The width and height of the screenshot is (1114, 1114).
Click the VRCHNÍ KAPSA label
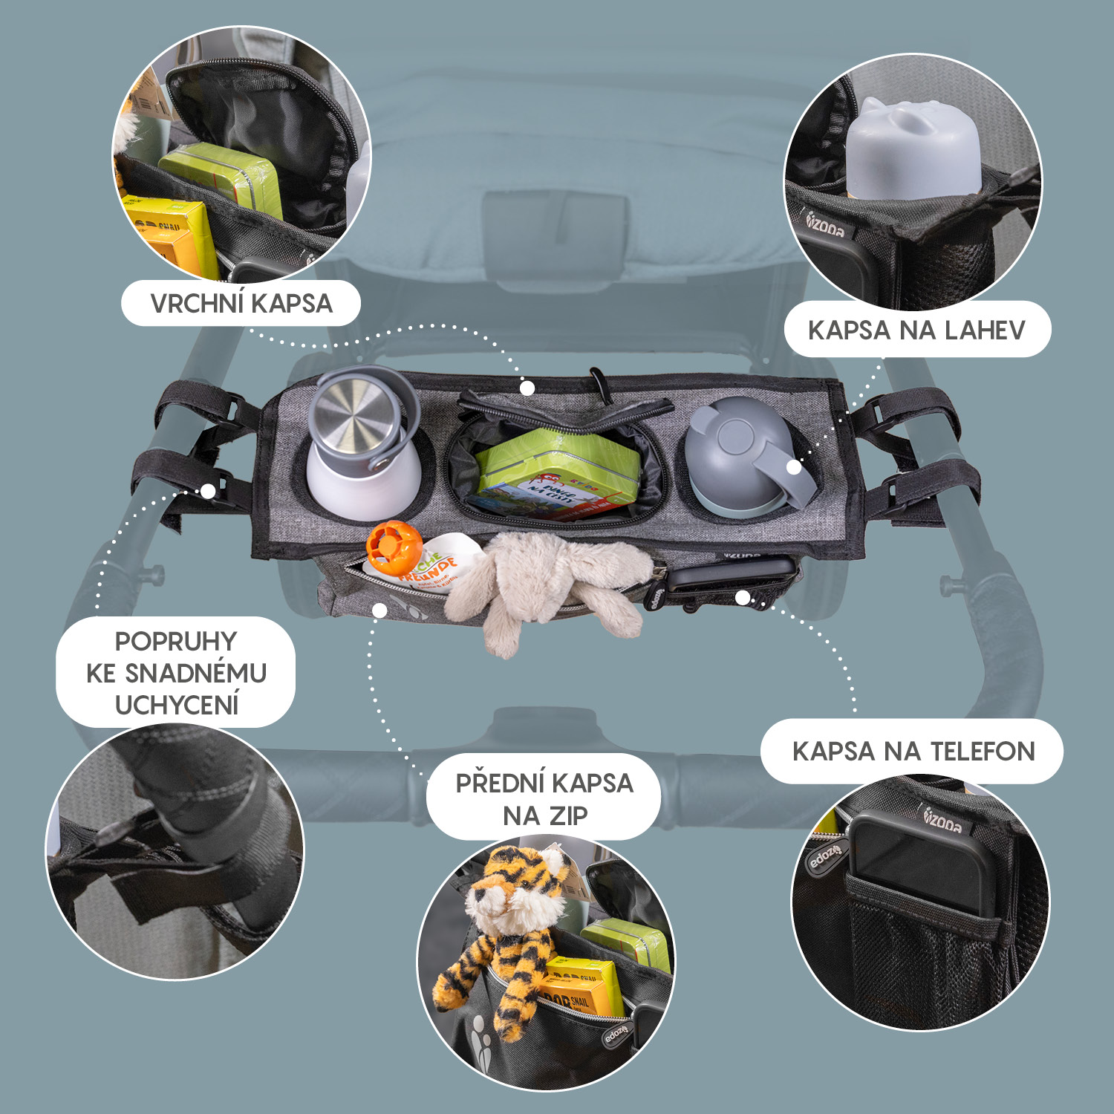click(x=241, y=304)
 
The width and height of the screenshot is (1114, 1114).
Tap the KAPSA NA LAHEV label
click(x=916, y=330)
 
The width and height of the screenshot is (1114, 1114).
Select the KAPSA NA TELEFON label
click(x=913, y=751)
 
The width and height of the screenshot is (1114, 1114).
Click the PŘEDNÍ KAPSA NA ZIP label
click(x=544, y=798)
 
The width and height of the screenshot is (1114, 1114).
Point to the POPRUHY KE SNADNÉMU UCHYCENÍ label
click(x=176, y=672)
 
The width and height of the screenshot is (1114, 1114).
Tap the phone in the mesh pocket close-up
click(x=921, y=865)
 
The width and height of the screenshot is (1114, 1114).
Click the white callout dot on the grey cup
click(x=794, y=467)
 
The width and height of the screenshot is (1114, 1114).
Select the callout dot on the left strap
click(x=209, y=491)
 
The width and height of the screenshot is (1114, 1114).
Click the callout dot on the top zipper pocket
click(x=527, y=388)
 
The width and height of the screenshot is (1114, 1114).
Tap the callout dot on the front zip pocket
click(x=380, y=610)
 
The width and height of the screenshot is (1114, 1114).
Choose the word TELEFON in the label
click(x=982, y=751)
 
